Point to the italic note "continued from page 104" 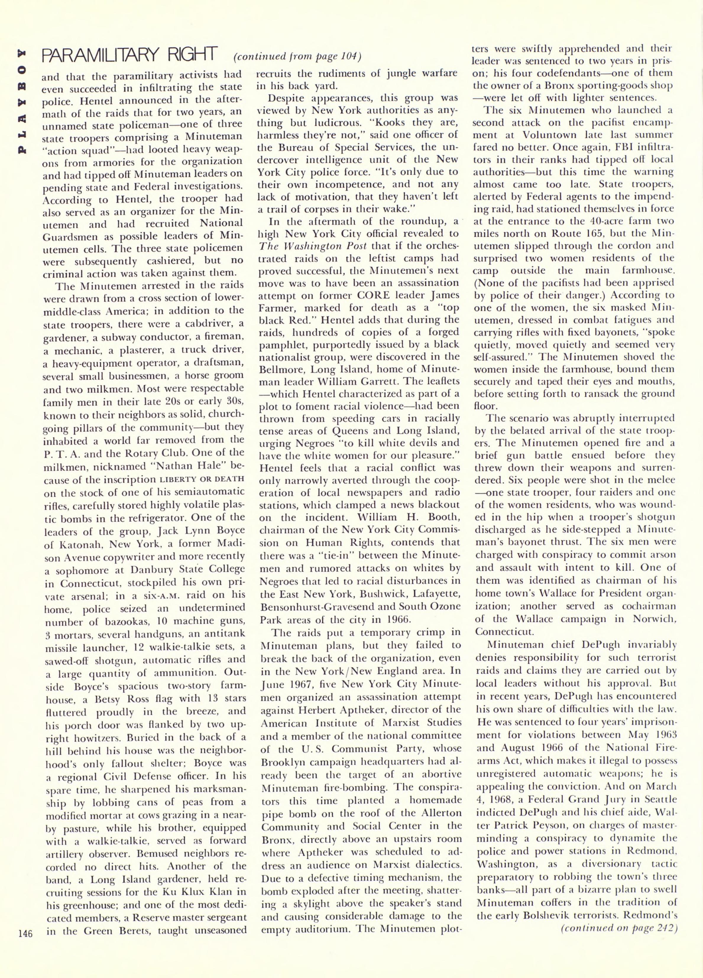pos(297,56)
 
